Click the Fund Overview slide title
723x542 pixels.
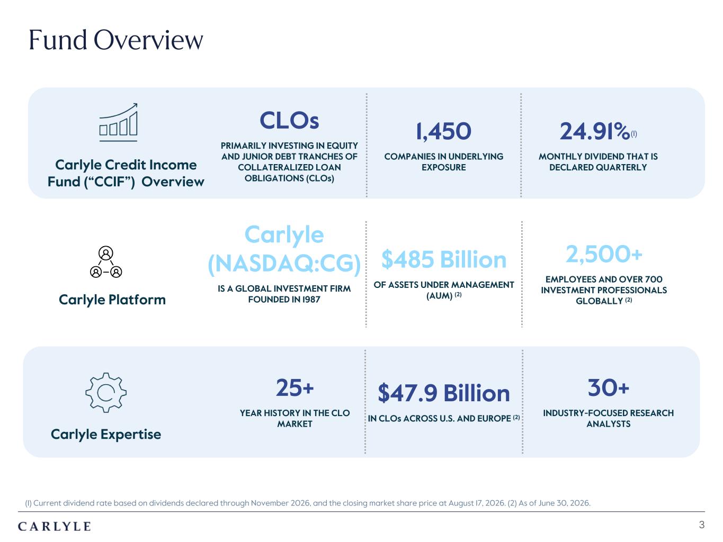point(116,40)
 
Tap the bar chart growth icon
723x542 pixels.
point(118,122)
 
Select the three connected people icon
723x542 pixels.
point(106,262)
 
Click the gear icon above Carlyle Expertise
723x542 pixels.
point(106,392)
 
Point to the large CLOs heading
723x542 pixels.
point(289,120)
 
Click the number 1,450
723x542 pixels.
point(443,131)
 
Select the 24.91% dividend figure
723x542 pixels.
point(595,131)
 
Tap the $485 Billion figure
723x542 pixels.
point(443,259)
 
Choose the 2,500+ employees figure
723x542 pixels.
point(604,254)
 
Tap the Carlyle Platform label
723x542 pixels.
point(112,300)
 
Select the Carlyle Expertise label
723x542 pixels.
point(106,435)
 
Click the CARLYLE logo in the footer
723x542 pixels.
point(55,527)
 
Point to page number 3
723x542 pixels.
point(702,525)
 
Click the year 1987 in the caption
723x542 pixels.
point(310,300)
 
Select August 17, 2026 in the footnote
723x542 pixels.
point(476,503)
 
